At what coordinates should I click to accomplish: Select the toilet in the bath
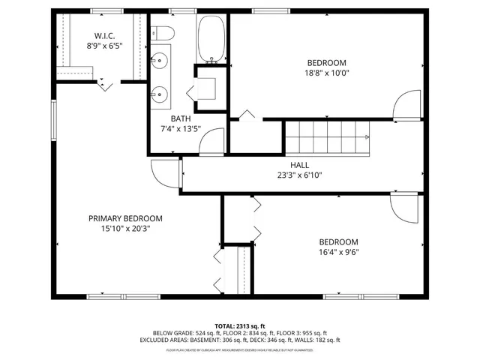pos(162,34)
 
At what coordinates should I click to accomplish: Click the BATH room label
pos(181,118)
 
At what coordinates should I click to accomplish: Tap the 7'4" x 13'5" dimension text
pos(181,128)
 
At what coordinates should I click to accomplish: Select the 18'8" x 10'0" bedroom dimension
pos(325,73)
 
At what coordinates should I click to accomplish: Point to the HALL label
pos(299,165)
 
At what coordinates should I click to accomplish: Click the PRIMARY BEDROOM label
pos(125,218)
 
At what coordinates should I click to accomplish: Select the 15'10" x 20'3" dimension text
pos(125,229)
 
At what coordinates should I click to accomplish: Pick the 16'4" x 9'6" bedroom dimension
pos(338,252)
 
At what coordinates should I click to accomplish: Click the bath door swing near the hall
pos(213,141)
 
